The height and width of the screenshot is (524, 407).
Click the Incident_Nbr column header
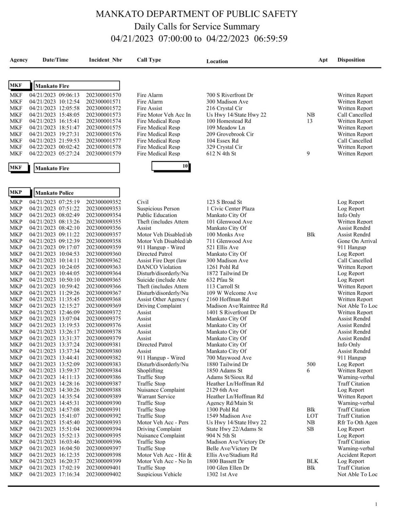pyautogui.click(x=105, y=60)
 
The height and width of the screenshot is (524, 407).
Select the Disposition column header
pyautogui.click(x=351, y=60)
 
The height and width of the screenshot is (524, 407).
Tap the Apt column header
pyautogui.click(x=323, y=60)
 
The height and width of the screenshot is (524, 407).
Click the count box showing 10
pyautogui.click(x=171, y=166)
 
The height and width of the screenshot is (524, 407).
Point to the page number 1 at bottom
pyautogui.click(x=376, y=504)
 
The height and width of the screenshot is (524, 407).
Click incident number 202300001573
pyautogui.click(x=103, y=115)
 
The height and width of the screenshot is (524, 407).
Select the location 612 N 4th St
pyautogui.click(x=221, y=154)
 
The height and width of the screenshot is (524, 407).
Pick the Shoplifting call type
pyautogui.click(x=150, y=371)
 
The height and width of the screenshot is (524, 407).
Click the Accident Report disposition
pyautogui.click(x=356, y=455)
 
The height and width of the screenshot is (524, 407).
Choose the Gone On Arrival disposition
pyautogui.click(x=357, y=241)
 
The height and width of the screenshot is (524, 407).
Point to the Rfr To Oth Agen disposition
pyautogui.click(x=357, y=422)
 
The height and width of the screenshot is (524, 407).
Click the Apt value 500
pyautogui.click(x=311, y=364)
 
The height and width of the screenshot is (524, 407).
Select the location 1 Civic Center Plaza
pyautogui.click(x=230, y=209)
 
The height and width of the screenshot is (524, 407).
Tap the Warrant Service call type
pyautogui.click(x=156, y=396)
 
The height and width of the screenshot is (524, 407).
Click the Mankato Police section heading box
pyautogui.click(x=77, y=193)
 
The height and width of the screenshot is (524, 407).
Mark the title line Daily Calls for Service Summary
pyautogui.click(x=197, y=26)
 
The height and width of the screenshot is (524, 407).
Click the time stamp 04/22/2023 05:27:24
pyautogui.click(x=54, y=154)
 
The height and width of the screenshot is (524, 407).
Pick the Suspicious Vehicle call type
pyautogui.click(x=159, y=474)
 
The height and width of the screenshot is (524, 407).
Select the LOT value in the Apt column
pyautogui.click(x=312, y=416)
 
